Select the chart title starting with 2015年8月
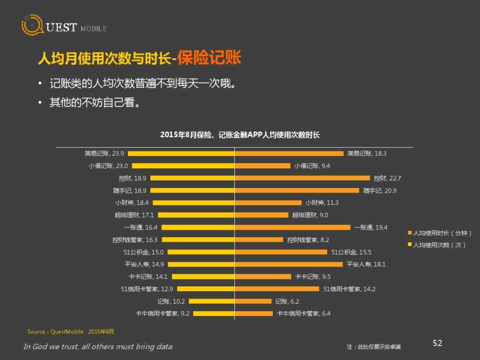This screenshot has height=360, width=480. pyautogui.click(x=240, y=135)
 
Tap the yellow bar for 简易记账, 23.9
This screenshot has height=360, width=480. pyautogui.click(x=181, y=153)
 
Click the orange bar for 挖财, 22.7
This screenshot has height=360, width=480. pyautogui.click(x=302, y=178)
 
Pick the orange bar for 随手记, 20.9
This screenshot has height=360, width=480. pyautogui.click(x=297, y=190)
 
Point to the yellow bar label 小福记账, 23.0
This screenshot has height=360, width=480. pyautogui.click(x=108, y=165)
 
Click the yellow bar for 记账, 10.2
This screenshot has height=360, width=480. pyautogui.click(x=211, y=301)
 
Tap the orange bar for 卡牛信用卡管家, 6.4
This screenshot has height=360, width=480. pyautogui.click(x=254, y=314)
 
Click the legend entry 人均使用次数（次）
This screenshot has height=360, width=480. pyautogui.click(x=439, y=245)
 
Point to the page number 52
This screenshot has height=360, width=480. pyautogui.click(x=437, y=344)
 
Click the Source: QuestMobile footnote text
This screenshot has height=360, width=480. pyautogui.click(x=71, y=332)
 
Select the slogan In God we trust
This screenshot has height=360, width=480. pyautogui.click(x=98, y=347)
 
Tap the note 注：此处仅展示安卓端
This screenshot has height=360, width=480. pyautogui.click(x=374, y=347)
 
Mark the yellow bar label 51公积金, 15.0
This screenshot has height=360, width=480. pyautogui.click(x=143, y=252)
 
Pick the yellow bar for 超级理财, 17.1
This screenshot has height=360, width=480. pyautogui.click(x=196, y=215)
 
